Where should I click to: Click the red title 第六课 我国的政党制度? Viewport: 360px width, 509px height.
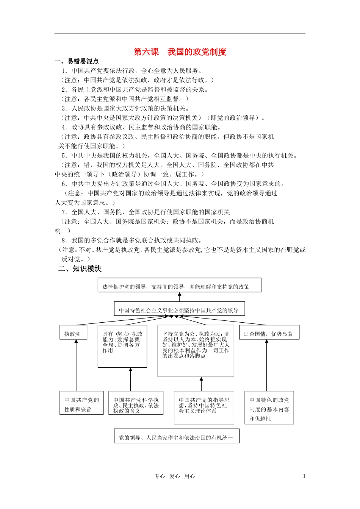point(180,52)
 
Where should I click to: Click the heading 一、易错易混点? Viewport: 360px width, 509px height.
point(77,61)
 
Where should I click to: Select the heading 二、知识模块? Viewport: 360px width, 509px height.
point(80,269)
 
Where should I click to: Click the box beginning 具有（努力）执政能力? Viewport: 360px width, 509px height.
point(122,346)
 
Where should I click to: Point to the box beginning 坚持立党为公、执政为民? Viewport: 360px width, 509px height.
point(196,350)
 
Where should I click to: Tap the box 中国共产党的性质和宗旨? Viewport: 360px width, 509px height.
point(81,403)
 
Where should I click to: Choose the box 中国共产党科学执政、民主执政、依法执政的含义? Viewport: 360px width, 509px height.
point(136,403)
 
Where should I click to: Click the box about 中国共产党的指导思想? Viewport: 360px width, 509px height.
point(204,408)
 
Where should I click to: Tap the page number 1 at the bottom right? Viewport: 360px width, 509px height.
point(304,476)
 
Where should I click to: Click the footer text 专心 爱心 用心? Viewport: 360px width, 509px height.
point(174,476)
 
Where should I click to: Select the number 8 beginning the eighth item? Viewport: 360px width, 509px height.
point(63,240)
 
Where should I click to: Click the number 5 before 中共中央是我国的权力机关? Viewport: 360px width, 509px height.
point(64,156)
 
